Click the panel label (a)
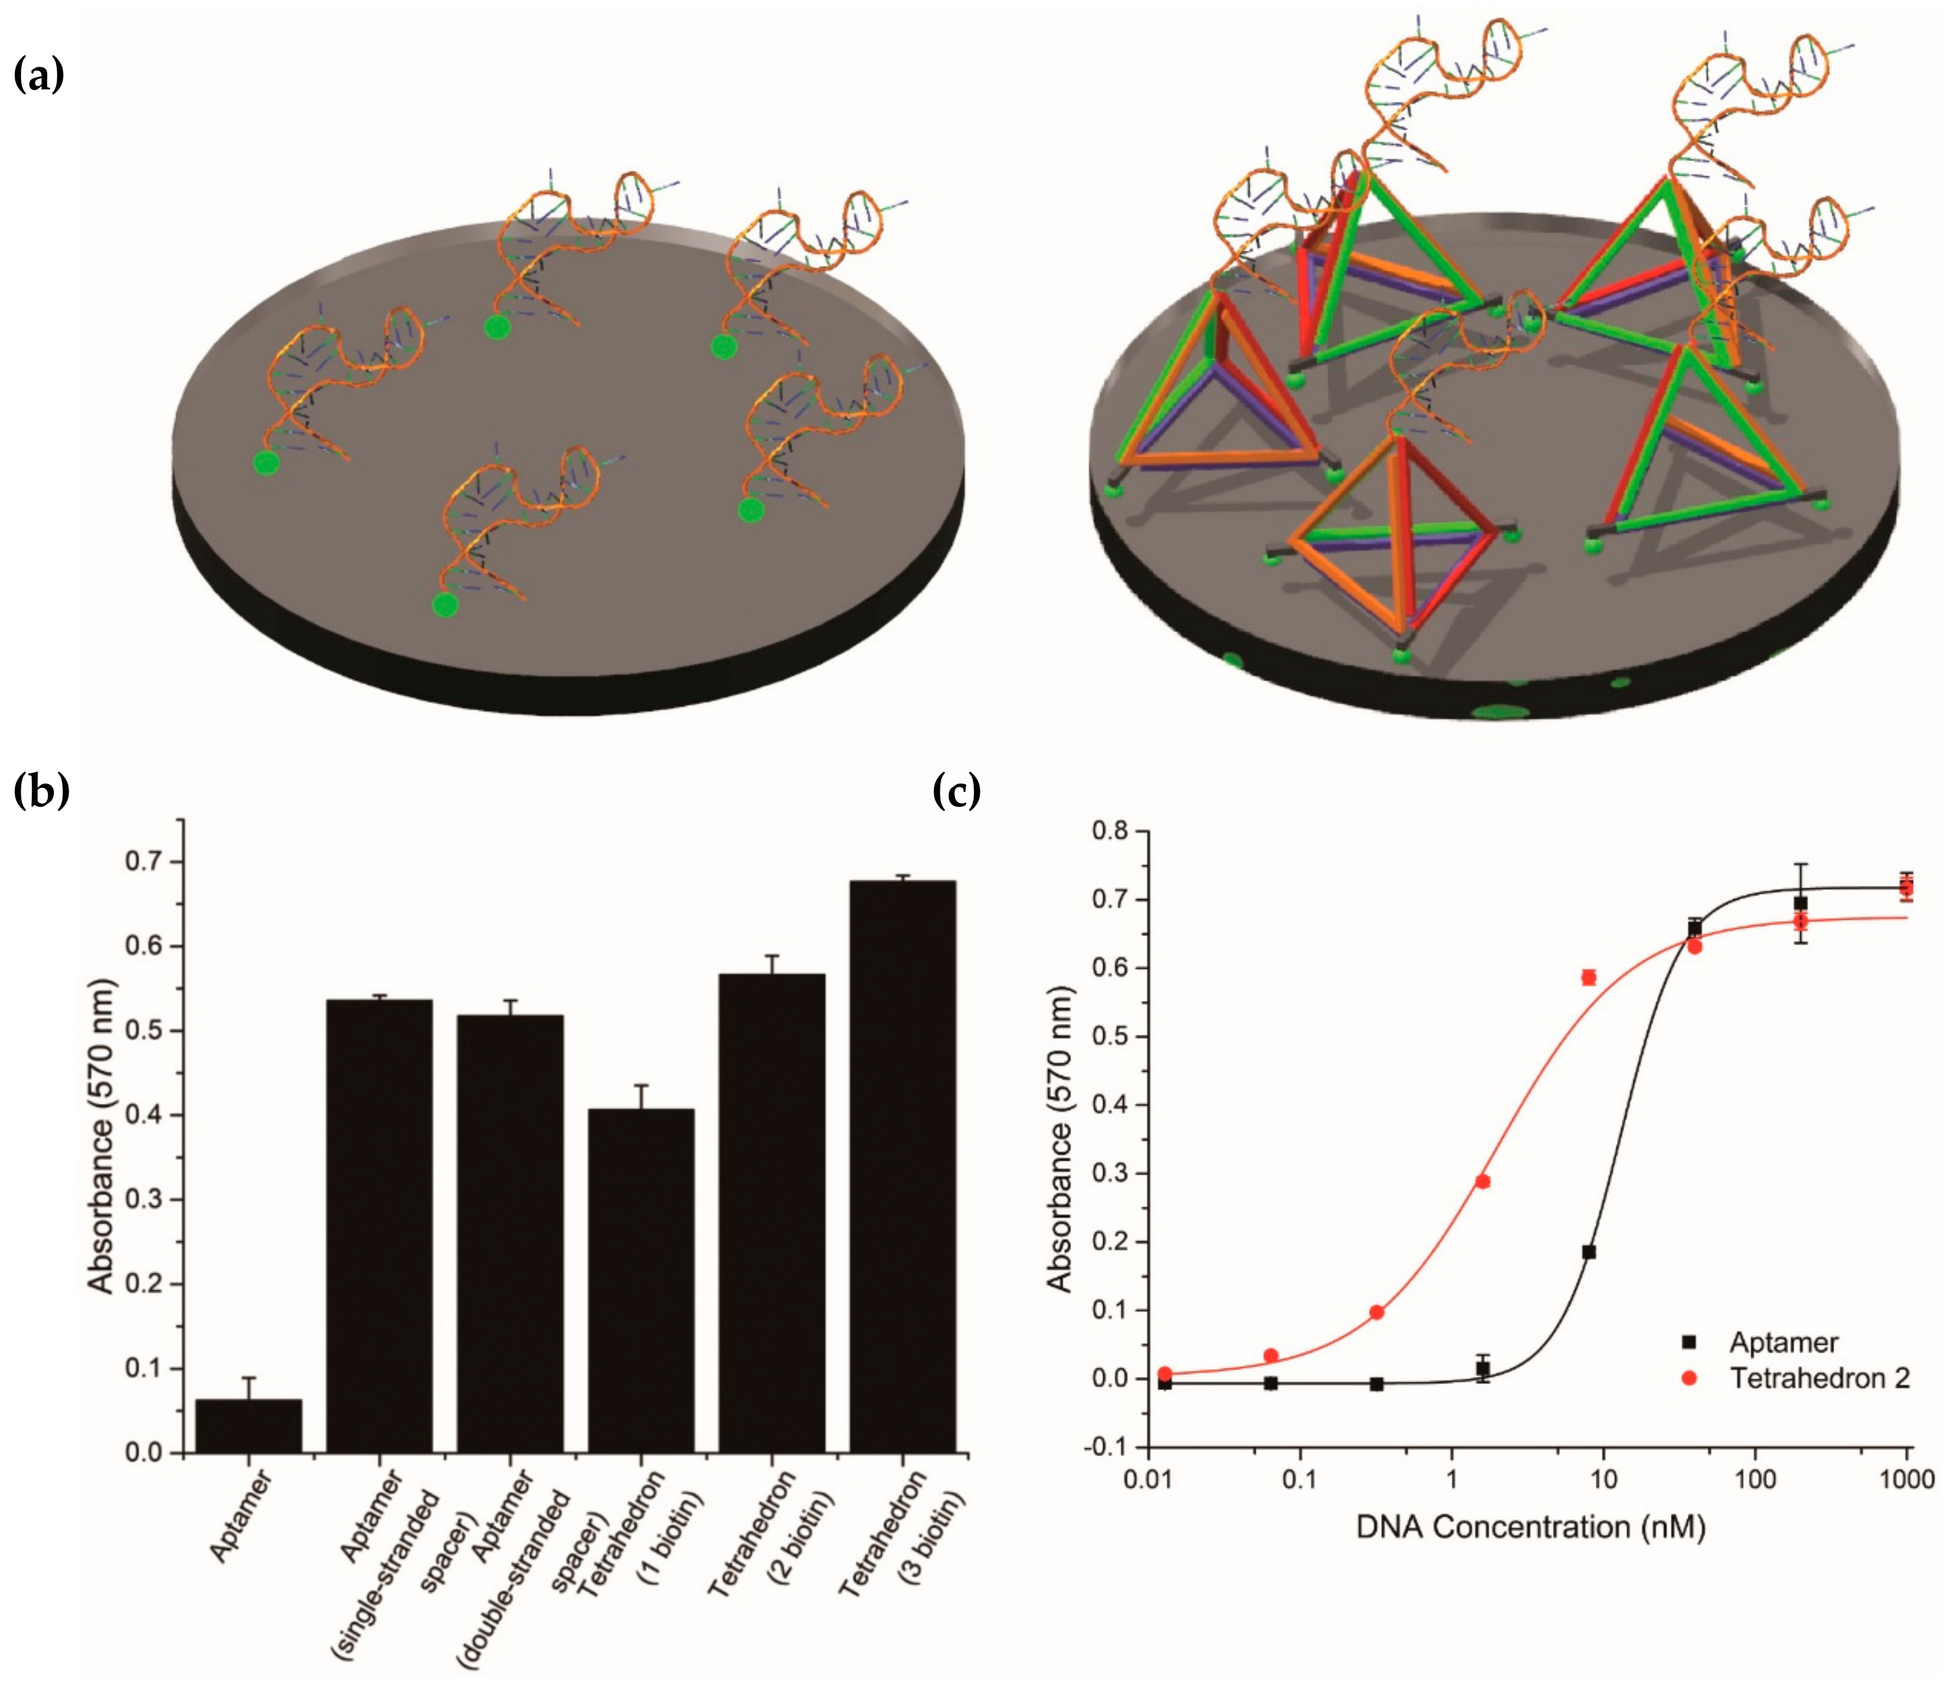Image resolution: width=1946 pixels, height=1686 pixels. coord(39,74)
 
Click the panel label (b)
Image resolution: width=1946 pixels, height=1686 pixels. coord(42,790)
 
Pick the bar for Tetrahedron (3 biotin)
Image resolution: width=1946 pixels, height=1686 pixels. coord(902,1167)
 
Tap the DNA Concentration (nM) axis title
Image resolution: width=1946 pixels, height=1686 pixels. coord(1530,1526)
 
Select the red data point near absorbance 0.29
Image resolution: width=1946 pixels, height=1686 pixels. coord(1483,1182)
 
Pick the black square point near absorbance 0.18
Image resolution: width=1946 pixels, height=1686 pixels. coord(1589,1252)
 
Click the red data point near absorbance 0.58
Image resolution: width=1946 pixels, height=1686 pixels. coord(1589,977)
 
